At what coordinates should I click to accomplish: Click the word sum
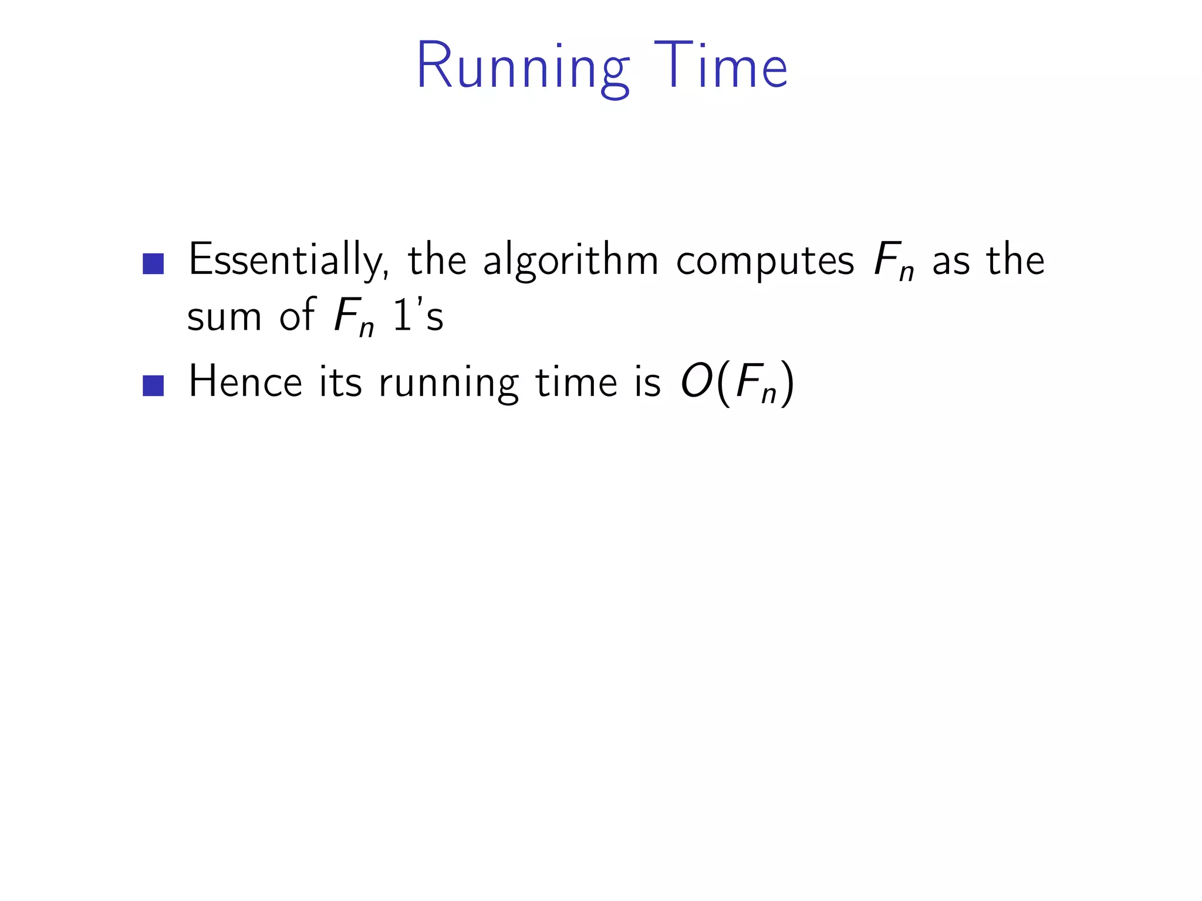click(x=224, y=317)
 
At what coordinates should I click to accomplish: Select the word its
click(x=340, y=382)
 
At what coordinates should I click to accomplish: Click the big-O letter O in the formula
click(x=697, y=382)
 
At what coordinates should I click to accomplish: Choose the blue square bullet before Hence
click(x=153, y=385)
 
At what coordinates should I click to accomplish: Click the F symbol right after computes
click(x=887, y=260)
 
